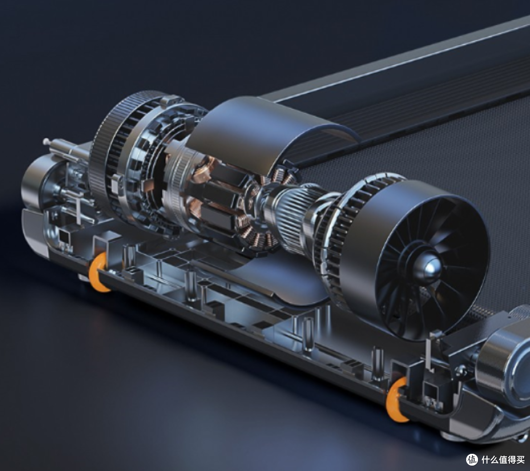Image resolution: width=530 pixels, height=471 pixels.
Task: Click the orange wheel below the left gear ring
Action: tap(98, 272)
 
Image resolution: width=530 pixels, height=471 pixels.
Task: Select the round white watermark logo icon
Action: tap(472, 460)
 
